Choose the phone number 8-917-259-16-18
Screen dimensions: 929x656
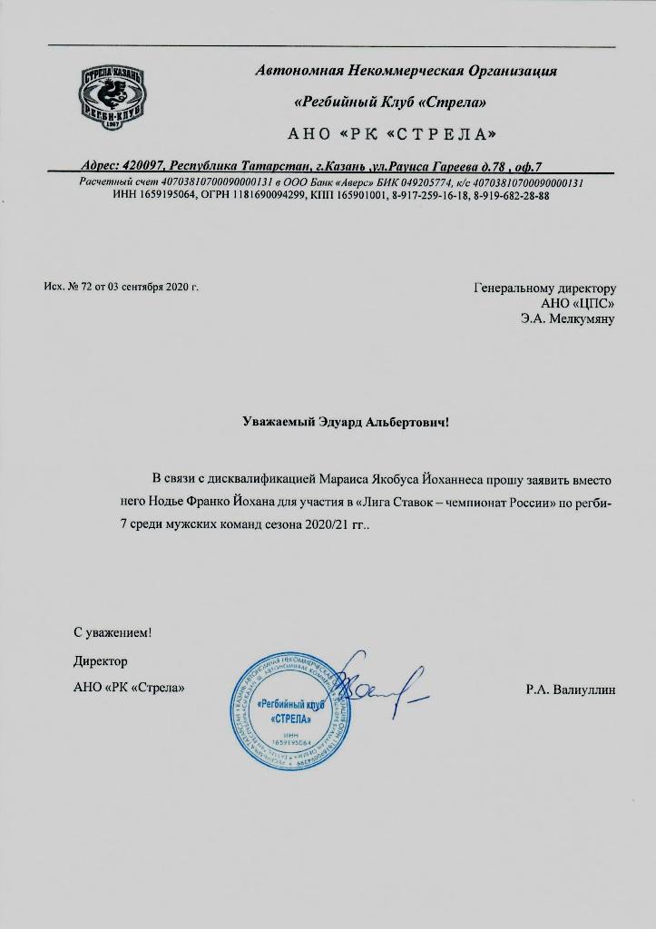tap(426, 195)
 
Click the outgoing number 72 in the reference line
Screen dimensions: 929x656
tap(73, 288)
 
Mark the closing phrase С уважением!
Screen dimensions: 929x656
tap(113, 632)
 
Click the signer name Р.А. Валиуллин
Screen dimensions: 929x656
tap(570, 689)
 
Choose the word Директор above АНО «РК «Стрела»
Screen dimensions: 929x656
tap(100, 661)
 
